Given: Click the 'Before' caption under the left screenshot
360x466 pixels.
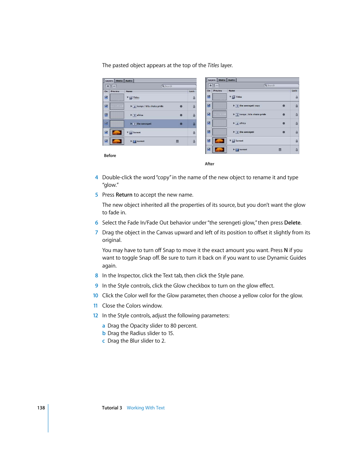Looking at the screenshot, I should pos(110,155).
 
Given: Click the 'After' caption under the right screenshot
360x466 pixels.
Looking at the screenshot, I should pos(209,164).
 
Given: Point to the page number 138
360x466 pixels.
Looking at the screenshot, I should pos(41,408).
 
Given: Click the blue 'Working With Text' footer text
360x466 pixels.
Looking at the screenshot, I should pos(146,408).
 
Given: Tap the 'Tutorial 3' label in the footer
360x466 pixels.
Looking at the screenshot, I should pos(112,408).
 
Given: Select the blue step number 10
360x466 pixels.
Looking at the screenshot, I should pos(95,295).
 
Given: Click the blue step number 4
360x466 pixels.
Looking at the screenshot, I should pos(97,177).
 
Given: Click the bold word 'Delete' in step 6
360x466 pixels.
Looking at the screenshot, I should pos(292,223).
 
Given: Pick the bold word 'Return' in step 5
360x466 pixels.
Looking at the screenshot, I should pos(124,195).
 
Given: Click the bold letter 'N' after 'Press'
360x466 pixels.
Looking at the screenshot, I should pos(286,250).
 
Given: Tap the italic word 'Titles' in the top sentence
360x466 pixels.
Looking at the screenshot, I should pos(213,65).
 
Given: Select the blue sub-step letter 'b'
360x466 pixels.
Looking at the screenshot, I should pos(104,333).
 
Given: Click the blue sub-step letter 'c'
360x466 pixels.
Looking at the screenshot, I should pos(104,341).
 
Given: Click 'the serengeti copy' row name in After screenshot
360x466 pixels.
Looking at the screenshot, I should pos(249,106).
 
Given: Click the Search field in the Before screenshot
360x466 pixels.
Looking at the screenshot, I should pos(179,86).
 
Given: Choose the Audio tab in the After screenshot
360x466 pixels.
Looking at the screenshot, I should pos(231,80).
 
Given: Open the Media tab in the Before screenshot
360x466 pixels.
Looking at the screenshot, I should pos(119,81).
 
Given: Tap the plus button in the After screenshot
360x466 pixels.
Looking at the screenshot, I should pos(211,85).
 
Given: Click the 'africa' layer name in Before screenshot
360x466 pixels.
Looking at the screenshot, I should pos(140,115).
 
